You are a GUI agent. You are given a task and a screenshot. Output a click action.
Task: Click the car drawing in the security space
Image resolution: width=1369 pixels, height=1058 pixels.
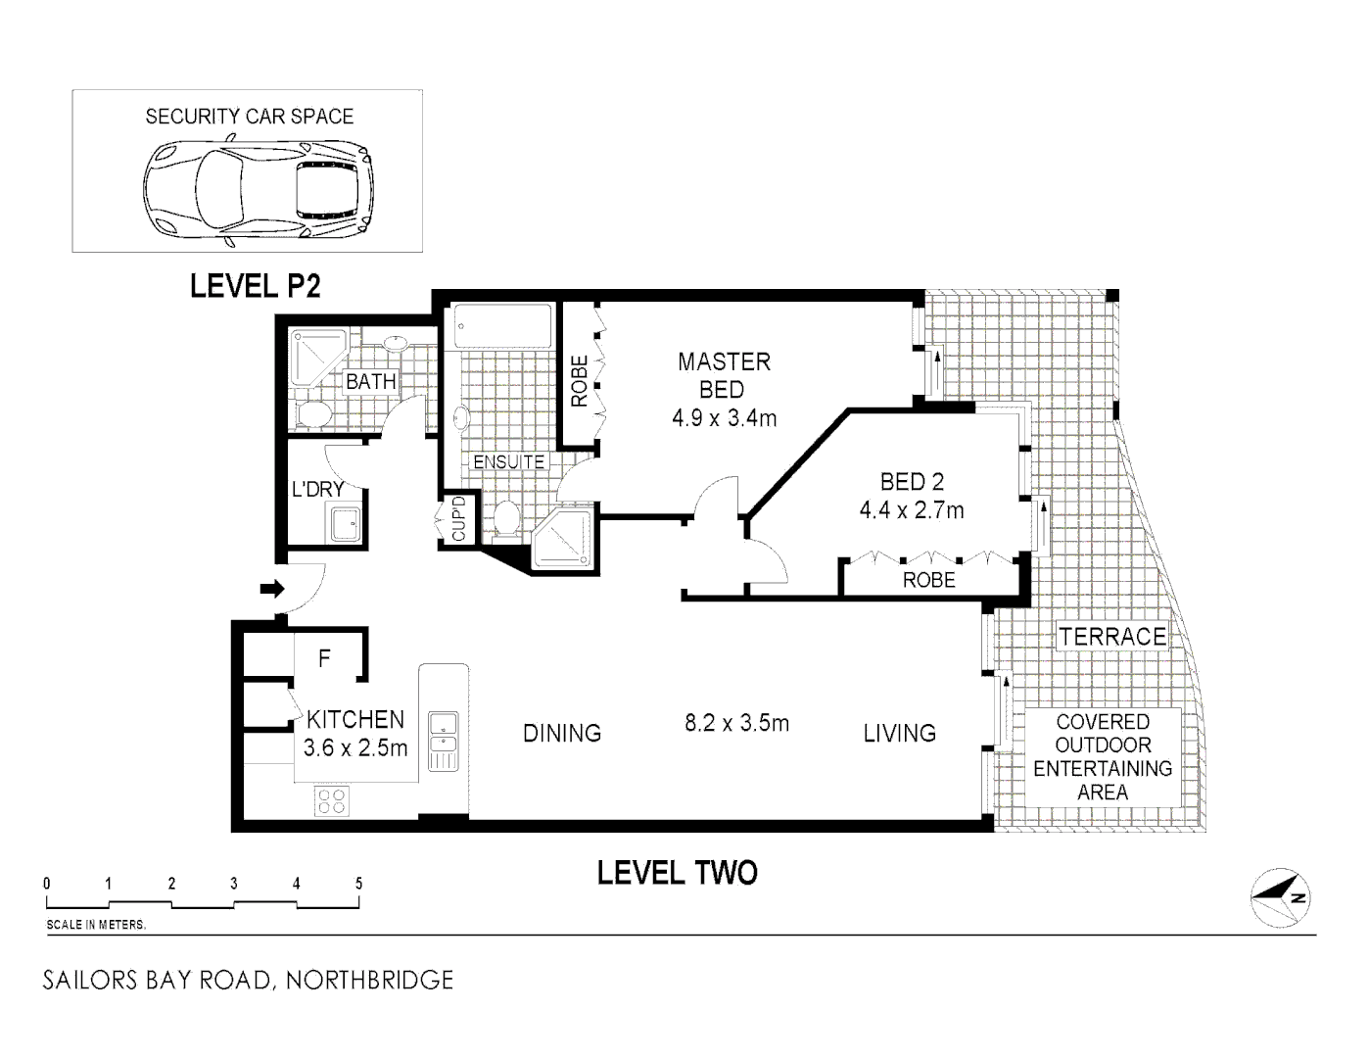click(x=259, y=190)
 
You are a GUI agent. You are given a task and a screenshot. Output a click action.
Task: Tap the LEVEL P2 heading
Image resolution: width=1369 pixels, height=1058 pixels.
click(x=256, y=286)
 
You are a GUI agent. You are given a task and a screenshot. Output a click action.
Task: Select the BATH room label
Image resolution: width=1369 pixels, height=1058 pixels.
click(x=371, y=382)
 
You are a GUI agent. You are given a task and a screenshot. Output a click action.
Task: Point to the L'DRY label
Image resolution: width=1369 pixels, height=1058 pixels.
click(x=317, y=488)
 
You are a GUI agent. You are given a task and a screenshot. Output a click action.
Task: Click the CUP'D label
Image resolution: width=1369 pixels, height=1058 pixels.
click(x=458, y=519)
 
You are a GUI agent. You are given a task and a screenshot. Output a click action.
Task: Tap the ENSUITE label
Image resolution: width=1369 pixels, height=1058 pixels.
click(x=508, y=461)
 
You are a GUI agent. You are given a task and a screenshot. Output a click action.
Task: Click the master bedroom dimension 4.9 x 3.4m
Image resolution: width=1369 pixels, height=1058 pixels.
click(x=724, y=419)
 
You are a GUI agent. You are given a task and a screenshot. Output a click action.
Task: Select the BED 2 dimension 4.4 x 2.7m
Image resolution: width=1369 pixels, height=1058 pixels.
click(x=911, y=510)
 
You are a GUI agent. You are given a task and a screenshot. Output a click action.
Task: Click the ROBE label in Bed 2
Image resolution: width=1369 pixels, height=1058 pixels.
click(x=928, y=580)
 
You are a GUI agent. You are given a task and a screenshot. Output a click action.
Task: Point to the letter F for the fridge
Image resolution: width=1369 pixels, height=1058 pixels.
click(x=325, y=659)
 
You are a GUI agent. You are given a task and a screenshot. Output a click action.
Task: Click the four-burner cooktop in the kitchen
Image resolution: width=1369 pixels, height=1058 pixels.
click(x=331, y=801)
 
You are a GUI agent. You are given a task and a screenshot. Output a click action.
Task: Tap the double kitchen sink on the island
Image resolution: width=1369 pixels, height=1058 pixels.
click(x=444, y=741)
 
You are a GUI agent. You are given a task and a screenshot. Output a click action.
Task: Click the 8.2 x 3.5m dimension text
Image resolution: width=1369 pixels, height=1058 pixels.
click(x=736, y=724)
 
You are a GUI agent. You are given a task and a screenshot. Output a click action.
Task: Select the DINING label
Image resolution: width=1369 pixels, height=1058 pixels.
click(x=561, y=733)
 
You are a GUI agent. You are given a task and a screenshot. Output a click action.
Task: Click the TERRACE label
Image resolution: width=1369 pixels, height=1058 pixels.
click(x=1112, y=637)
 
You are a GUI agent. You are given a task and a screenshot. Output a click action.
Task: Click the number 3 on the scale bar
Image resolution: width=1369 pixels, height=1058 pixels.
click(x=234, y=884)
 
